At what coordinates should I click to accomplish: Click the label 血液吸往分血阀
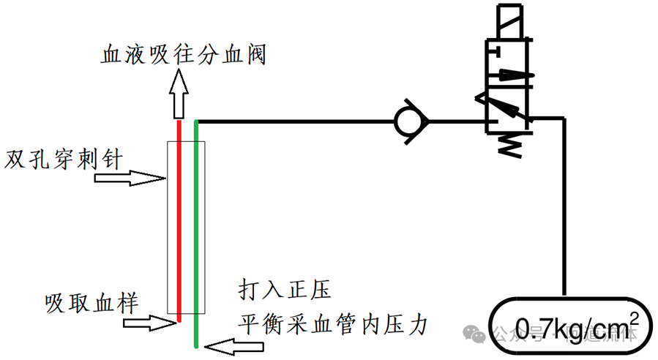[182, 54]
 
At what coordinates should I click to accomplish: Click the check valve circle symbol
[408, 120]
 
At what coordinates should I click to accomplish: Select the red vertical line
[179, 220]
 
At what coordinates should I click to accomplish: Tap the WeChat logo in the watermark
[477, 333]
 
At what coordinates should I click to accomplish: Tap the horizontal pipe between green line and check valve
[293, 120]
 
